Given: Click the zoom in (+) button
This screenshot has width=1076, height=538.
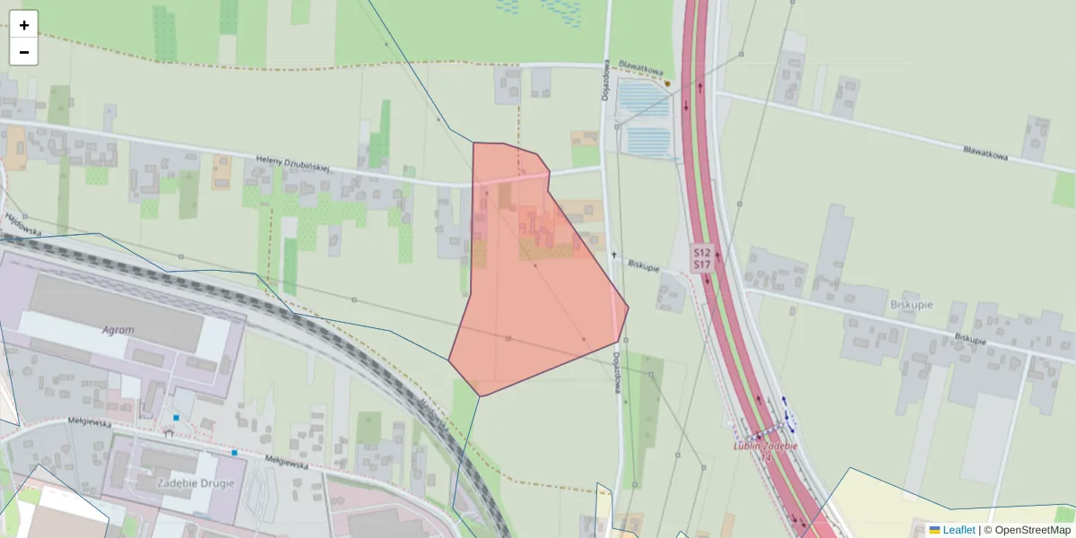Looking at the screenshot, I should coord(24,25).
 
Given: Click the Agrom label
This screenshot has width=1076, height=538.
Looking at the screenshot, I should coord(118,330).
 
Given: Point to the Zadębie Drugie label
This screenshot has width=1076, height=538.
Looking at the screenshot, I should coord(196,482).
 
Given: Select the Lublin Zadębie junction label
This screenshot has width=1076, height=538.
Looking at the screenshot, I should coord(765,446).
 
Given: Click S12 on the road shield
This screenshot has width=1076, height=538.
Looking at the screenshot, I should coord(701,253).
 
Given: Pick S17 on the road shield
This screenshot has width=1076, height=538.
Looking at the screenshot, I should coord(701,265).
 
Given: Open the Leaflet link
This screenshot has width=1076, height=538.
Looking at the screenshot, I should coord(959,530).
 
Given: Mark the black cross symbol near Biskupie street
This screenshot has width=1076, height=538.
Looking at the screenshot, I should coord(614,256).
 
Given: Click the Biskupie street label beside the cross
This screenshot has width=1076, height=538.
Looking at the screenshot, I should coord(644,266).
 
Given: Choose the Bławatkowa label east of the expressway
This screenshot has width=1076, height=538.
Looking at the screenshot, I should coord(985,153).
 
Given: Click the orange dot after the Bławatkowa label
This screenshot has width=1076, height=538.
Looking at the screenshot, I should coord(667,83).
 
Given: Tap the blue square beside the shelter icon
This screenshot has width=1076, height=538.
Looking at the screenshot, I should coord(177,418).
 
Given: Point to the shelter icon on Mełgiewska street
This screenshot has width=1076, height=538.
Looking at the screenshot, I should coord(169,432).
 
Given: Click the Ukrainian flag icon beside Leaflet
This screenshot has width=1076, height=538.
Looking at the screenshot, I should coord(935,530).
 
